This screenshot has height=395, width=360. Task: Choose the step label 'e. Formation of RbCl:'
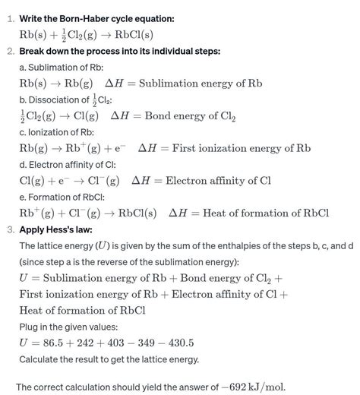pyautogui.click(x=65, y=196)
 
